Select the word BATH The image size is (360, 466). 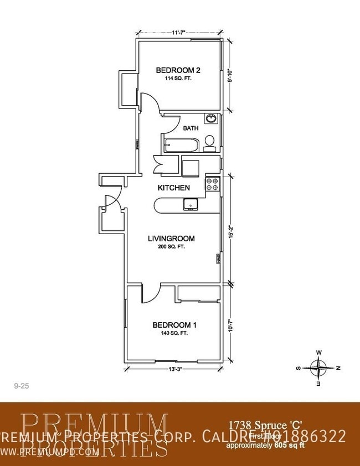click(x=191, y=128)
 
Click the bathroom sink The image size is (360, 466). click(x=211, y=118)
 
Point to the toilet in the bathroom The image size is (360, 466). click(x=210, y=143)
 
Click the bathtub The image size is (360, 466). click(x=181, y=146)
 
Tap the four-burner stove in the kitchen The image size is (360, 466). click(x=213, y=184)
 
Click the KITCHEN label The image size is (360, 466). click(x=174, y=188)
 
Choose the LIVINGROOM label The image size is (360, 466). click(x=171, y=239)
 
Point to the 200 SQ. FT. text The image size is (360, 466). click(x=171, y=247)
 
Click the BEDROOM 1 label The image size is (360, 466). click(x=174, y=325)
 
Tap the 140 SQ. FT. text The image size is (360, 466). click(x=174, y=334)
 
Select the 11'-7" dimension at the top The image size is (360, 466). click(x=178, y=33)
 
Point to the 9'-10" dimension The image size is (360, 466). click(x=229, y=75)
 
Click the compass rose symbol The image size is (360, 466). click(x=319, y=367)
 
